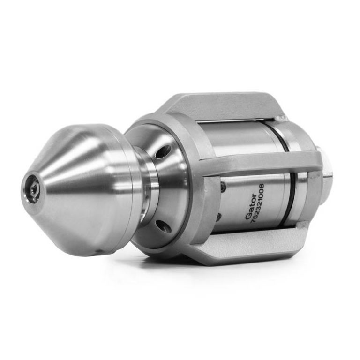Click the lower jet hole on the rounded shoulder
pyautogui.click(x=164, y=225)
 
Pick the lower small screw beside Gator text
pyautogui.click(x=219, y=217)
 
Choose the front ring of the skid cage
pyautogui.click(x=197, y=187)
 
